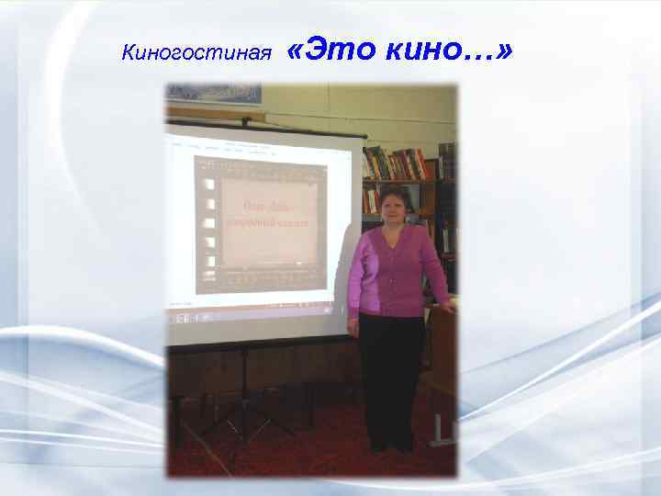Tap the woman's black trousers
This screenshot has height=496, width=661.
tap(391, 377)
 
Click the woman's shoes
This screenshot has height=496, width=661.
tap(391, 446)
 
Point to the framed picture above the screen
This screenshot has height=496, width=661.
tap(213, 94)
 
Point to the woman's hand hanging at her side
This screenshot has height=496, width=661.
tap(353, 326)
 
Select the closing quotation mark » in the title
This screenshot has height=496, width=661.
tap(503, 52)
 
